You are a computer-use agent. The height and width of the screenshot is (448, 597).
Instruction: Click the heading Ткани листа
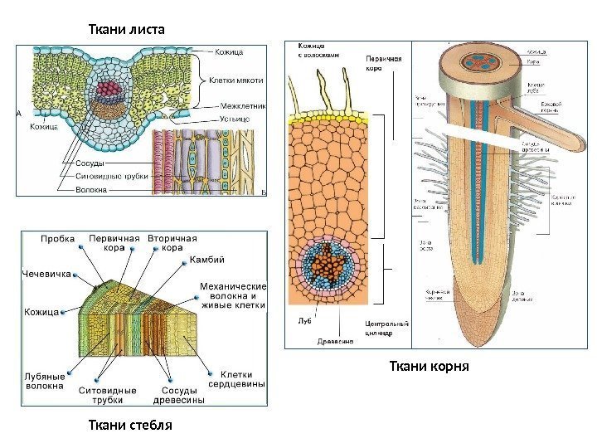tap(126, 30)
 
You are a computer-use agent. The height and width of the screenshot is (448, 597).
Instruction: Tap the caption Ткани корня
tap(429, 365)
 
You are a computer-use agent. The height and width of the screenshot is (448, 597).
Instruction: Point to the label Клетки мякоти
tap(236, 80)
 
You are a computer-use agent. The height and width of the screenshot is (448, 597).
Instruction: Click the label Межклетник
tap(243, 106)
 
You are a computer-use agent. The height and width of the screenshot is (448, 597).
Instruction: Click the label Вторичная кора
tap(172, 242)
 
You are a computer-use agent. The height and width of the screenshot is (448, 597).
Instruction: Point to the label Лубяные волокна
tap(45, 380)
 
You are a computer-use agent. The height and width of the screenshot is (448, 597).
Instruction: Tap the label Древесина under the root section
tap(335, 340)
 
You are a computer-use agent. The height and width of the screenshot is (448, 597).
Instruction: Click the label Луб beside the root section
tap(303, 319)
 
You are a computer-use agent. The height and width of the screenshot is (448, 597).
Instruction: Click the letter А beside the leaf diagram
tap(18, 114)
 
